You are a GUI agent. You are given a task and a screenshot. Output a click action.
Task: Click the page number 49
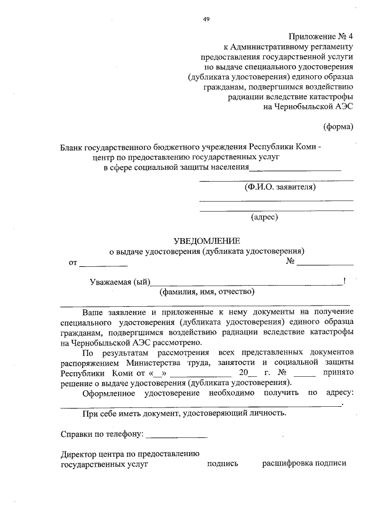[x=206, y=19]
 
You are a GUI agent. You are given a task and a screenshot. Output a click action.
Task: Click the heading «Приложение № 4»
[x=321, y=36]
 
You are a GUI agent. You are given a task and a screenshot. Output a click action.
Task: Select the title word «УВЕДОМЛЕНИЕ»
[x=207, y=240]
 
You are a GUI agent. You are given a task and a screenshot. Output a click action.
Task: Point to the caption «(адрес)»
[x=264, y=217]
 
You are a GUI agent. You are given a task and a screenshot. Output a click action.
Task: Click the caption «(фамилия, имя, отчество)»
[x=206, y=291]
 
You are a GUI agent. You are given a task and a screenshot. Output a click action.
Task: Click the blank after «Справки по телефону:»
[x=176, y=435]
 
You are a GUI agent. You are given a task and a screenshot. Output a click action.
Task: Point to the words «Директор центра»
[x=92, y=453]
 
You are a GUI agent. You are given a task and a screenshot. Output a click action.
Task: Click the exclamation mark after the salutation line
[x=344, y=280]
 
